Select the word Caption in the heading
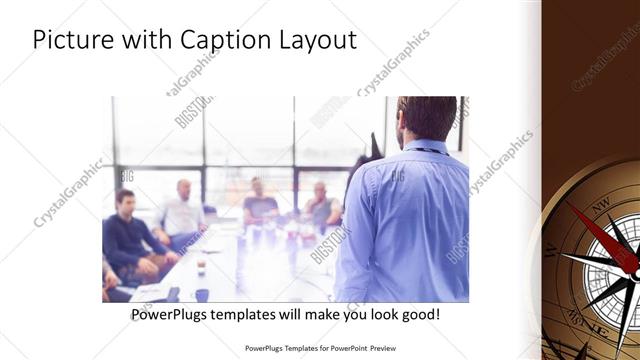[x=227, y=41]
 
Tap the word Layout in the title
[x=319, y=41]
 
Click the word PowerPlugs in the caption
[x=173, y=315]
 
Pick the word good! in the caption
[x=417, y=315]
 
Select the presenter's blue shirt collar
[x=415, y=150]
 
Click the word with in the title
[x=142, y=40]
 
